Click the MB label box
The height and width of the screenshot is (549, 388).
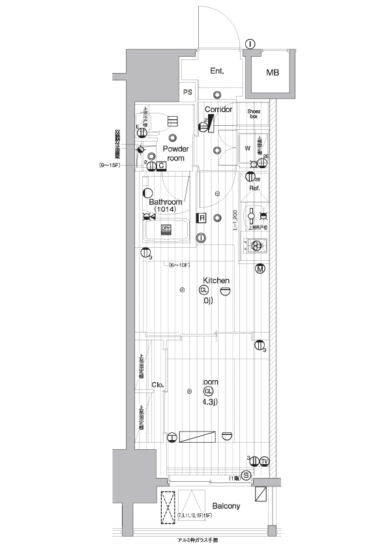click(x=272, y=72)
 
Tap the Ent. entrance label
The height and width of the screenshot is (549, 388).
click(x=218, y=71)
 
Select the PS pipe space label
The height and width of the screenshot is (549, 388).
click(x=188, y=92)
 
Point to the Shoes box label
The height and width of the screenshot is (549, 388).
click(x=254, y=113)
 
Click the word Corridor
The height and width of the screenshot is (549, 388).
click(x=218, y=110)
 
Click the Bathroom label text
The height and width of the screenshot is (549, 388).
click(x=166, y=202)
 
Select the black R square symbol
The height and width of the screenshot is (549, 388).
click(x=202, y=218)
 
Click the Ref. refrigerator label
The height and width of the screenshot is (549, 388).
click(x=254, y=188)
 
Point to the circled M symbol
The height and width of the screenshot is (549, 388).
click(x=260, y=269)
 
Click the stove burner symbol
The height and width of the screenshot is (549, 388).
click(x=256, y=246)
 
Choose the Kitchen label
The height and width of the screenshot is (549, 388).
click(x=216, y=281)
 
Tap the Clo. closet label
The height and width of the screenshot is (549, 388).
click(x=157, y=385)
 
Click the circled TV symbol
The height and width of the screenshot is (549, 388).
click(x=264, y=462)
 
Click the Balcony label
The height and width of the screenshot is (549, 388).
click(x=226, y=506)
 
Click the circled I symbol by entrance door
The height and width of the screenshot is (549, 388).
click(x=250, y=44)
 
